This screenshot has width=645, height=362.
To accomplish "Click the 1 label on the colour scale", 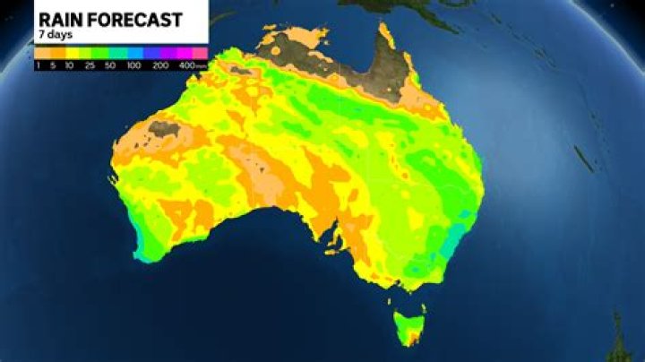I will coord(39,65).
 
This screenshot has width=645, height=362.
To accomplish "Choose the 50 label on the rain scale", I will coord(110,65).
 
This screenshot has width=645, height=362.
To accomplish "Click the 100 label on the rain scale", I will coord(134,65).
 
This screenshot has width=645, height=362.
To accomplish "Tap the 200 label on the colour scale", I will coord(161,65).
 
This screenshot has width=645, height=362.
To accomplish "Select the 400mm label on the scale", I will coord(189,65).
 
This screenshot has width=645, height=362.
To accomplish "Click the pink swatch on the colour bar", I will coord(202,53).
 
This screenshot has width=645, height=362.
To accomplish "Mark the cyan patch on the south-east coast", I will coord(453,238).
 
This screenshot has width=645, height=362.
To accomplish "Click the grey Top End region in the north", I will coord(296,49).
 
